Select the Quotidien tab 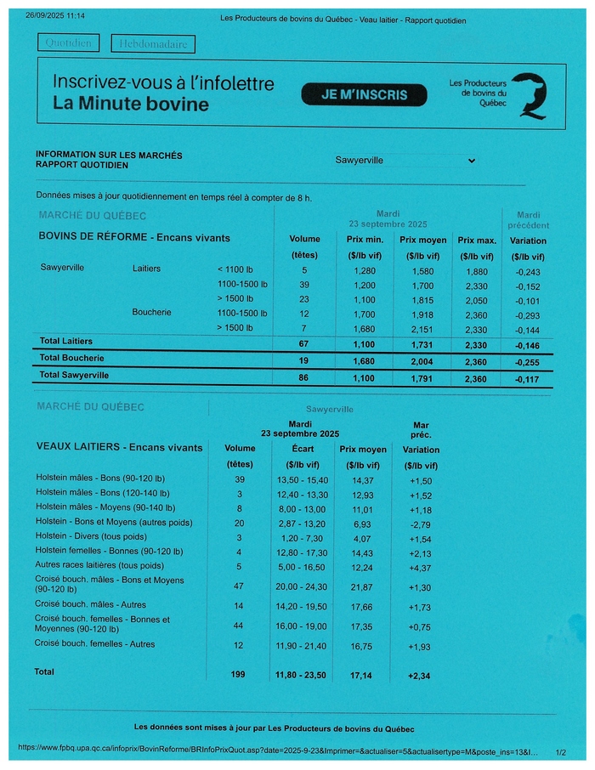coord(69,42)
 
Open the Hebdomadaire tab coord(153,43)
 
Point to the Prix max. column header coord(475,241)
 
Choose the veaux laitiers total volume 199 coord(237,674)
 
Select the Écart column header coord(303,449)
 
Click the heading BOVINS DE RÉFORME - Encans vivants coord(134,238)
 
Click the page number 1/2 coord(559,752)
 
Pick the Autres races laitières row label coord(99,565)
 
